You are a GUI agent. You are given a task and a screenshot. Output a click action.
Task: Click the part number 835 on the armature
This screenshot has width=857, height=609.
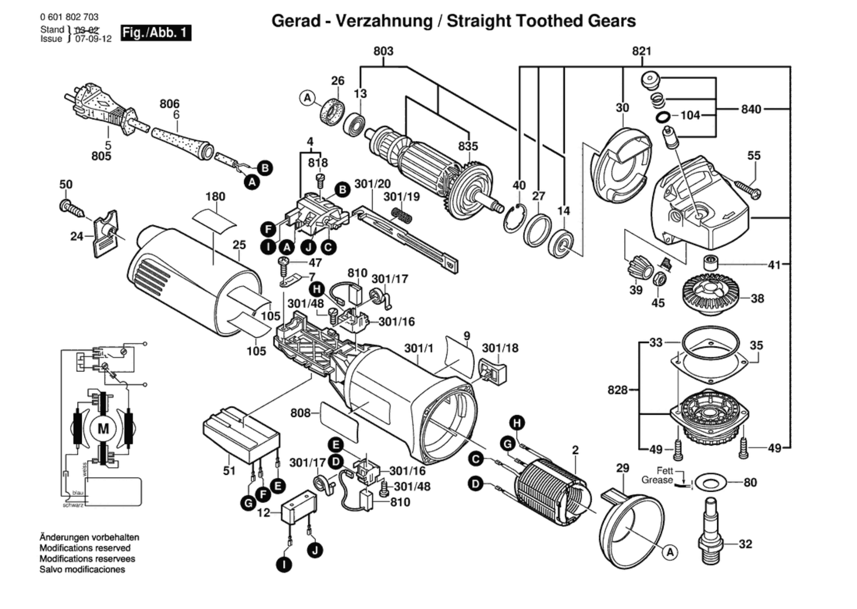pyautogui.click(x=468, y=146)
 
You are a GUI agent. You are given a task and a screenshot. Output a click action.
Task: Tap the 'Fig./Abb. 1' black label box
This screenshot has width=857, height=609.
pyautogui.click(x=156, y=33)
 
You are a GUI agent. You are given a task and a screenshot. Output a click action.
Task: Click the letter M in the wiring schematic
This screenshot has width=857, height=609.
pyautogui.click(x=103, y=429)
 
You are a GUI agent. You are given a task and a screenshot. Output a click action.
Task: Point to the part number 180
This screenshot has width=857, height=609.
pyautogui.click(x=215, y=196)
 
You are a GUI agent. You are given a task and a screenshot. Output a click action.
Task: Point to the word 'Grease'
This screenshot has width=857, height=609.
pyautogui.click(x=657, y=480)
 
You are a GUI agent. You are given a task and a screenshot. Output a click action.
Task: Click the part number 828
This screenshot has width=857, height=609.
pyautogui.click(x=618, y=390)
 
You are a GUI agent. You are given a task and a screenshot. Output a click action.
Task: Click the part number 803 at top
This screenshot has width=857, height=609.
pyautogui.click(x=383, y=51)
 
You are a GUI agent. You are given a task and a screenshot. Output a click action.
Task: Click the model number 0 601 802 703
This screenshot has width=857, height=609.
pyautogui.click(x=69, y=17)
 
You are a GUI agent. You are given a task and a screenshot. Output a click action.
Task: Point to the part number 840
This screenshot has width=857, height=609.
pyautogui.click(x=751, y=109)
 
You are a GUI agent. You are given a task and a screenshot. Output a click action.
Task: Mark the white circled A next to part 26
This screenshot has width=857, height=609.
pyautogui.click(x=307, y=98)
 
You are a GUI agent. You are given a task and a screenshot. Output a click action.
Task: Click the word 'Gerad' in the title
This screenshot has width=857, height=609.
pyautogui.click(x=296, y=21)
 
